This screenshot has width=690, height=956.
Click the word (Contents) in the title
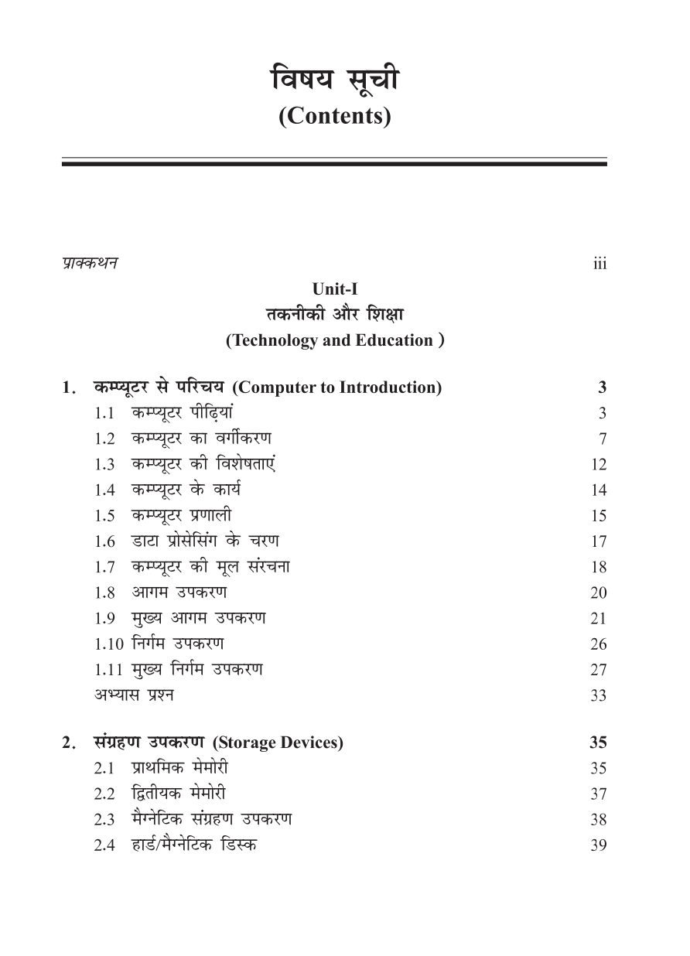click(334, 116)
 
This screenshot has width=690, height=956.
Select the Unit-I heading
click(334, 289)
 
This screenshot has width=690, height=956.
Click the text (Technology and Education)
click(334, 340)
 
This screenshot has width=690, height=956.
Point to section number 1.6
click(104, 541)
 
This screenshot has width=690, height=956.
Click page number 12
click(598, 465)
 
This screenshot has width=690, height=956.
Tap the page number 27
click(598, 670)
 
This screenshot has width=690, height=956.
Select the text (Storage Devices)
click(277, 743)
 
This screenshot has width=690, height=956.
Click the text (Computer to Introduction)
click(336, 388)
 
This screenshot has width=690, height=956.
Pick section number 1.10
click(108, 644)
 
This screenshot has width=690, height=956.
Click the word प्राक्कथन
click(91, 263)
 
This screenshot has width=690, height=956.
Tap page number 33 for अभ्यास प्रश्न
click(598, 695)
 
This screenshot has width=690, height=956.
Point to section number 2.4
click(104, 845)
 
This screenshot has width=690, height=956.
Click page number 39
click(598, 845)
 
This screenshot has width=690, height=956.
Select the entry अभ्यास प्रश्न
click(134, 695)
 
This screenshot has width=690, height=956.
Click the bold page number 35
click(597, 743)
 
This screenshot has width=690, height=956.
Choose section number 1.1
click(104, 414)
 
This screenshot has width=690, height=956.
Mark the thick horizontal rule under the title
click(334, 164)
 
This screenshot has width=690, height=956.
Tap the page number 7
click(602, 439)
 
